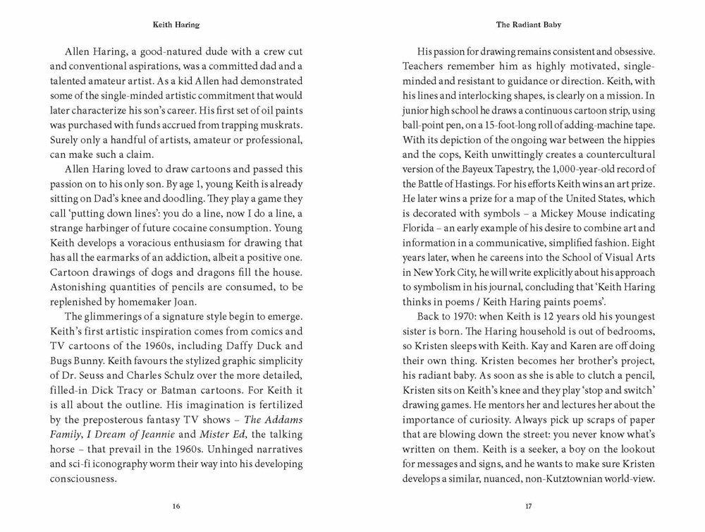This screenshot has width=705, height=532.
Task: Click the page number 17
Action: [538, 505]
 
